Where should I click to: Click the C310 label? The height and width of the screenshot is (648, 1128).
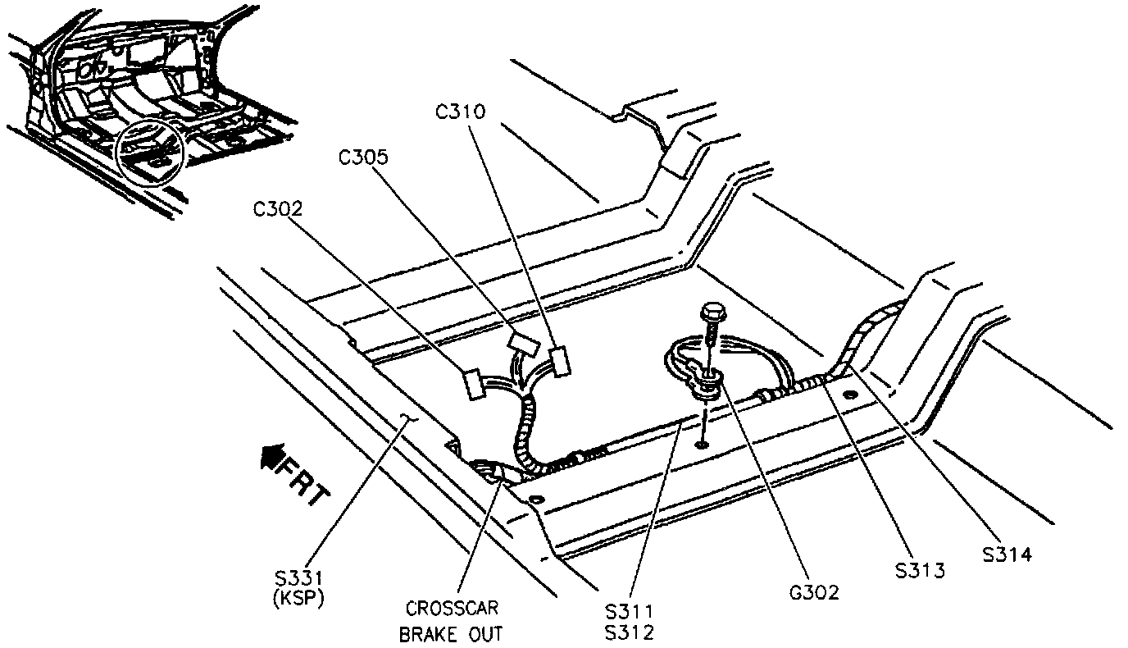[x=461, y=112]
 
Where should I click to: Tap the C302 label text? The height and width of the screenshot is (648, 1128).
[x=279, y=208]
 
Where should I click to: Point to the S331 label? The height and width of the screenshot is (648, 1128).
[x=298, y=579]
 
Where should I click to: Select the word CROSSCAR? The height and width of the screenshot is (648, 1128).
[x=452, y=609]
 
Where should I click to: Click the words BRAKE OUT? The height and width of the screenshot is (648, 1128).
[x=452, y=634]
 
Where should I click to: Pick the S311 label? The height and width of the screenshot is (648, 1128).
[x=629, y=611]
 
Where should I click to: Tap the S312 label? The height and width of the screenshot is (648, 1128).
[x=629, y=633]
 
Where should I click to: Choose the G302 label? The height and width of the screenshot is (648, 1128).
[x=812, y=591]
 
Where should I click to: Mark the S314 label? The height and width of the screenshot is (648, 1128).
[x=1007, y=555]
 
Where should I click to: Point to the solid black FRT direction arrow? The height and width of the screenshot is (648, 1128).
[x=271, y=456]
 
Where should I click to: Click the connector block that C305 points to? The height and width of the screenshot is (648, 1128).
[x=522, y=343]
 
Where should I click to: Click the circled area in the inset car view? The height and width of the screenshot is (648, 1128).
[x=151, y=149]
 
